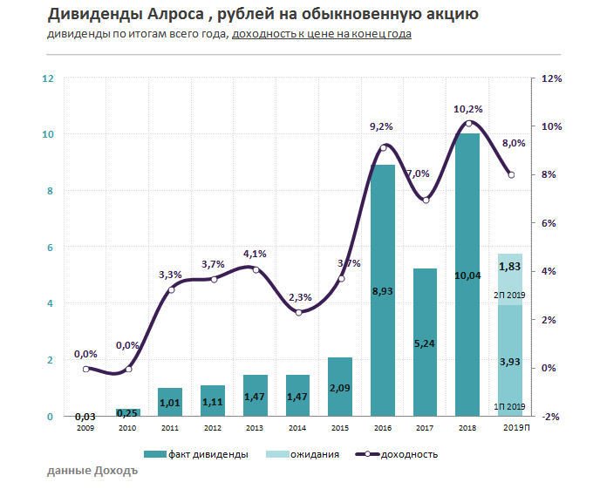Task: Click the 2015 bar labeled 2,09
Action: tap(340, 387)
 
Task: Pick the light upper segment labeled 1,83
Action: tap(510, 279)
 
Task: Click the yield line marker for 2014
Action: tap(298, 312)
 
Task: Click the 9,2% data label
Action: tap(382, 126)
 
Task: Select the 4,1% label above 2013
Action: tap(255, 254)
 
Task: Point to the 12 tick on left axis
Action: tap(48, 78)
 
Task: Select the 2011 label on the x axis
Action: tap(170, 428)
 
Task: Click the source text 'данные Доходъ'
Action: tap(92, 472)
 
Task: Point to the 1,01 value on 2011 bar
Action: tap(170, 403)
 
